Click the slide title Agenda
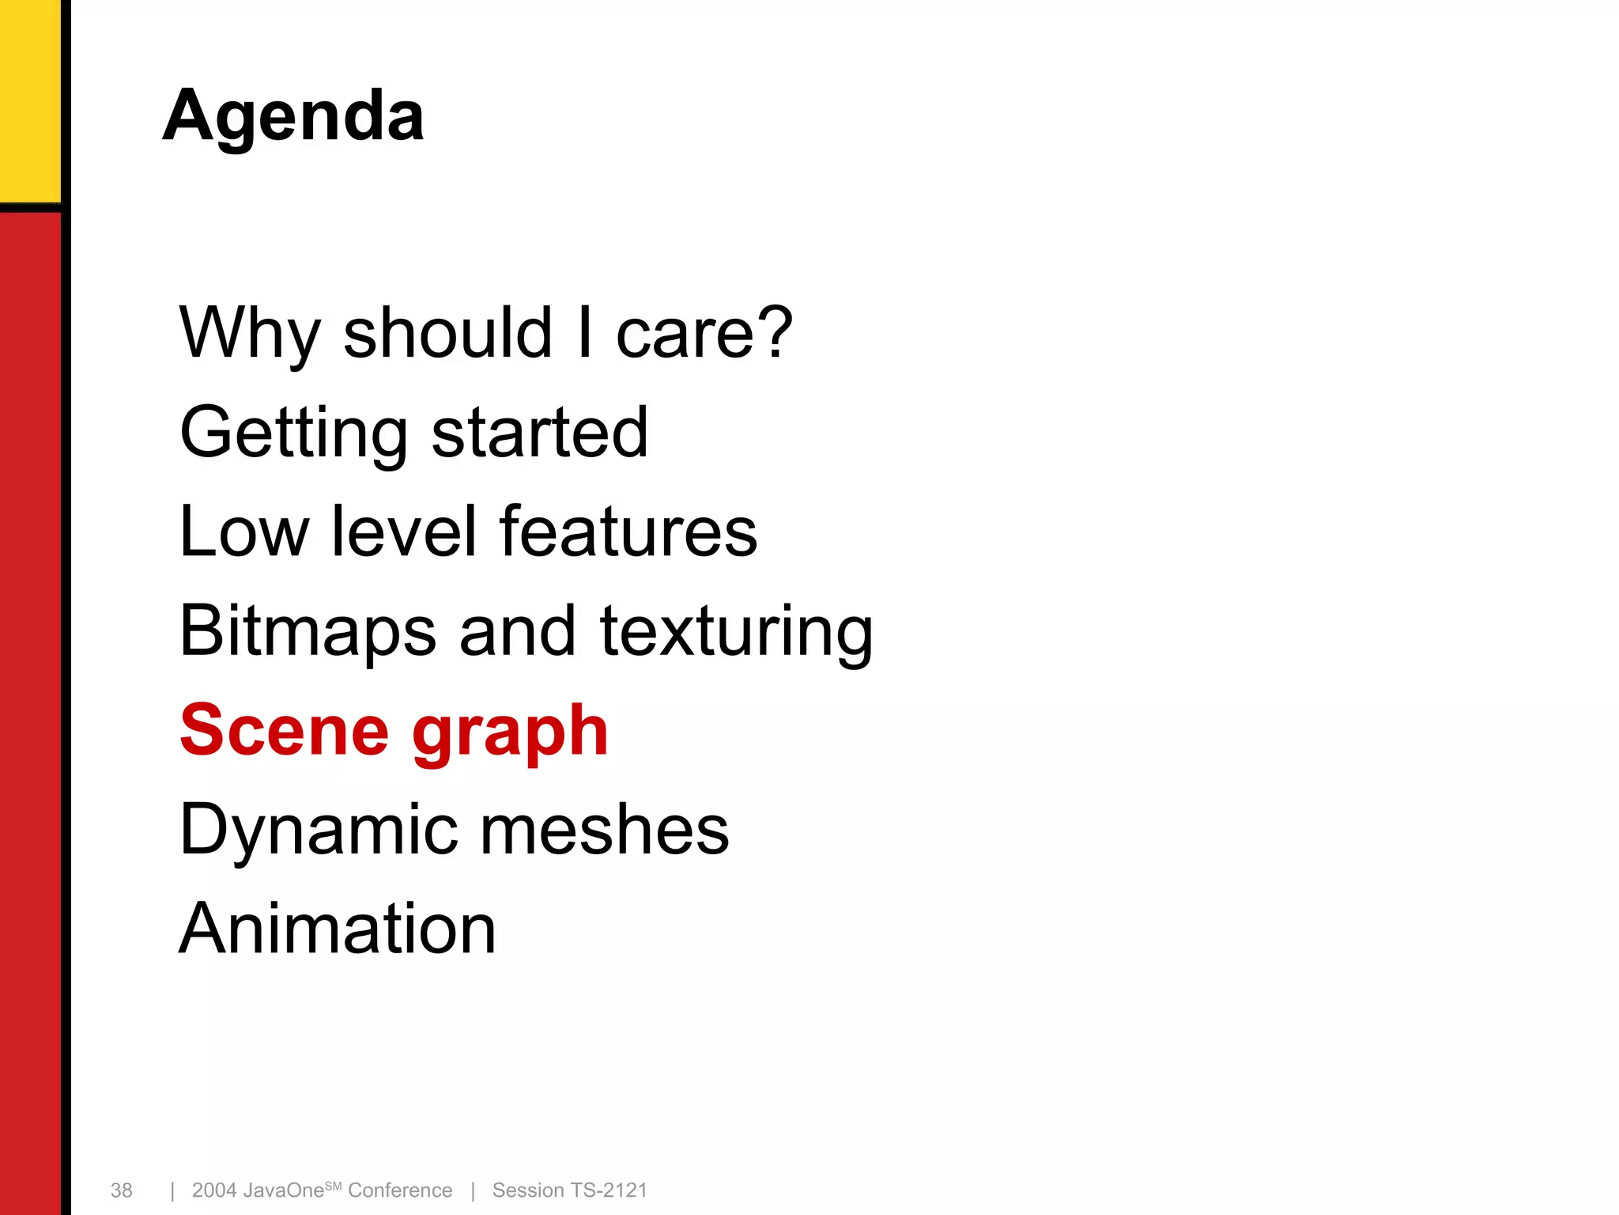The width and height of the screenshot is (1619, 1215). pyautogui.click(x=293, y=116)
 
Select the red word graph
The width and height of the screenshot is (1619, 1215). pyautogui.click(x=510, y=732)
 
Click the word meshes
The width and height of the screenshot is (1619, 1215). pyautogui.click(x=605, y=830)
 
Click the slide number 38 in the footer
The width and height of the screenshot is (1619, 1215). pyautogui.click(x=122, y=1190)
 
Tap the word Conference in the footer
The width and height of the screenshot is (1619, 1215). pyautogui.click(x=400, y=1190)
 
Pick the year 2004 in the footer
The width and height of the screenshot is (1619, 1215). pyautogui.click(x=214, y=1190)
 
